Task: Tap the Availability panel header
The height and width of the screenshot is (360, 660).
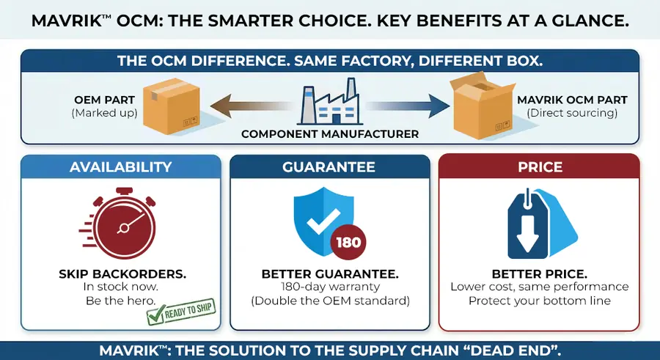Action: coord(120,167)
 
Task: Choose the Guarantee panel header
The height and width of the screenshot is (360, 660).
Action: coord(329,167)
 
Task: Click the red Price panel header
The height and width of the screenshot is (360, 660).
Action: coord(539,167)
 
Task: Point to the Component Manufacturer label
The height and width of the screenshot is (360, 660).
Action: coord(329,134)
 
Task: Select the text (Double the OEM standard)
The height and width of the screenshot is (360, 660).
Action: coord(329,301)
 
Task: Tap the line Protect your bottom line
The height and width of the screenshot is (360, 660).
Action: coord(539,301)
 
